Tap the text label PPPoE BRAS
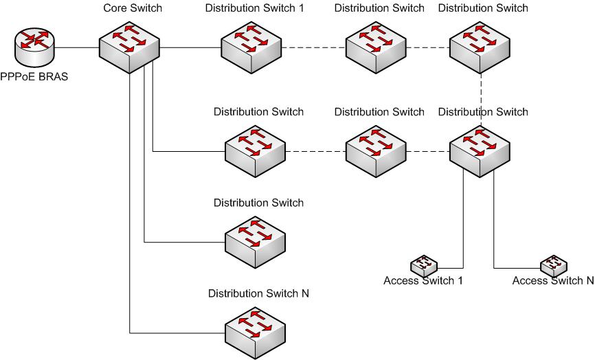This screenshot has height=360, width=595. pos(34,76)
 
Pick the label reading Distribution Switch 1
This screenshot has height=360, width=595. pos(254,8)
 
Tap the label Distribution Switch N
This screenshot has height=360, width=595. pos(258,293)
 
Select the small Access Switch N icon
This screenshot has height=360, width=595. pos(553,265)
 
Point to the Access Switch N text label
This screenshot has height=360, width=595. pos(552,280)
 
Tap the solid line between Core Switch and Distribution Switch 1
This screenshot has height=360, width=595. pos(190,47)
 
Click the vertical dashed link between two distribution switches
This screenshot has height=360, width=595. pos(481,96)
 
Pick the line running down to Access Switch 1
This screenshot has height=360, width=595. pos(462,220)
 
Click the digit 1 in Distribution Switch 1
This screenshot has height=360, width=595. pos(301,8)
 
